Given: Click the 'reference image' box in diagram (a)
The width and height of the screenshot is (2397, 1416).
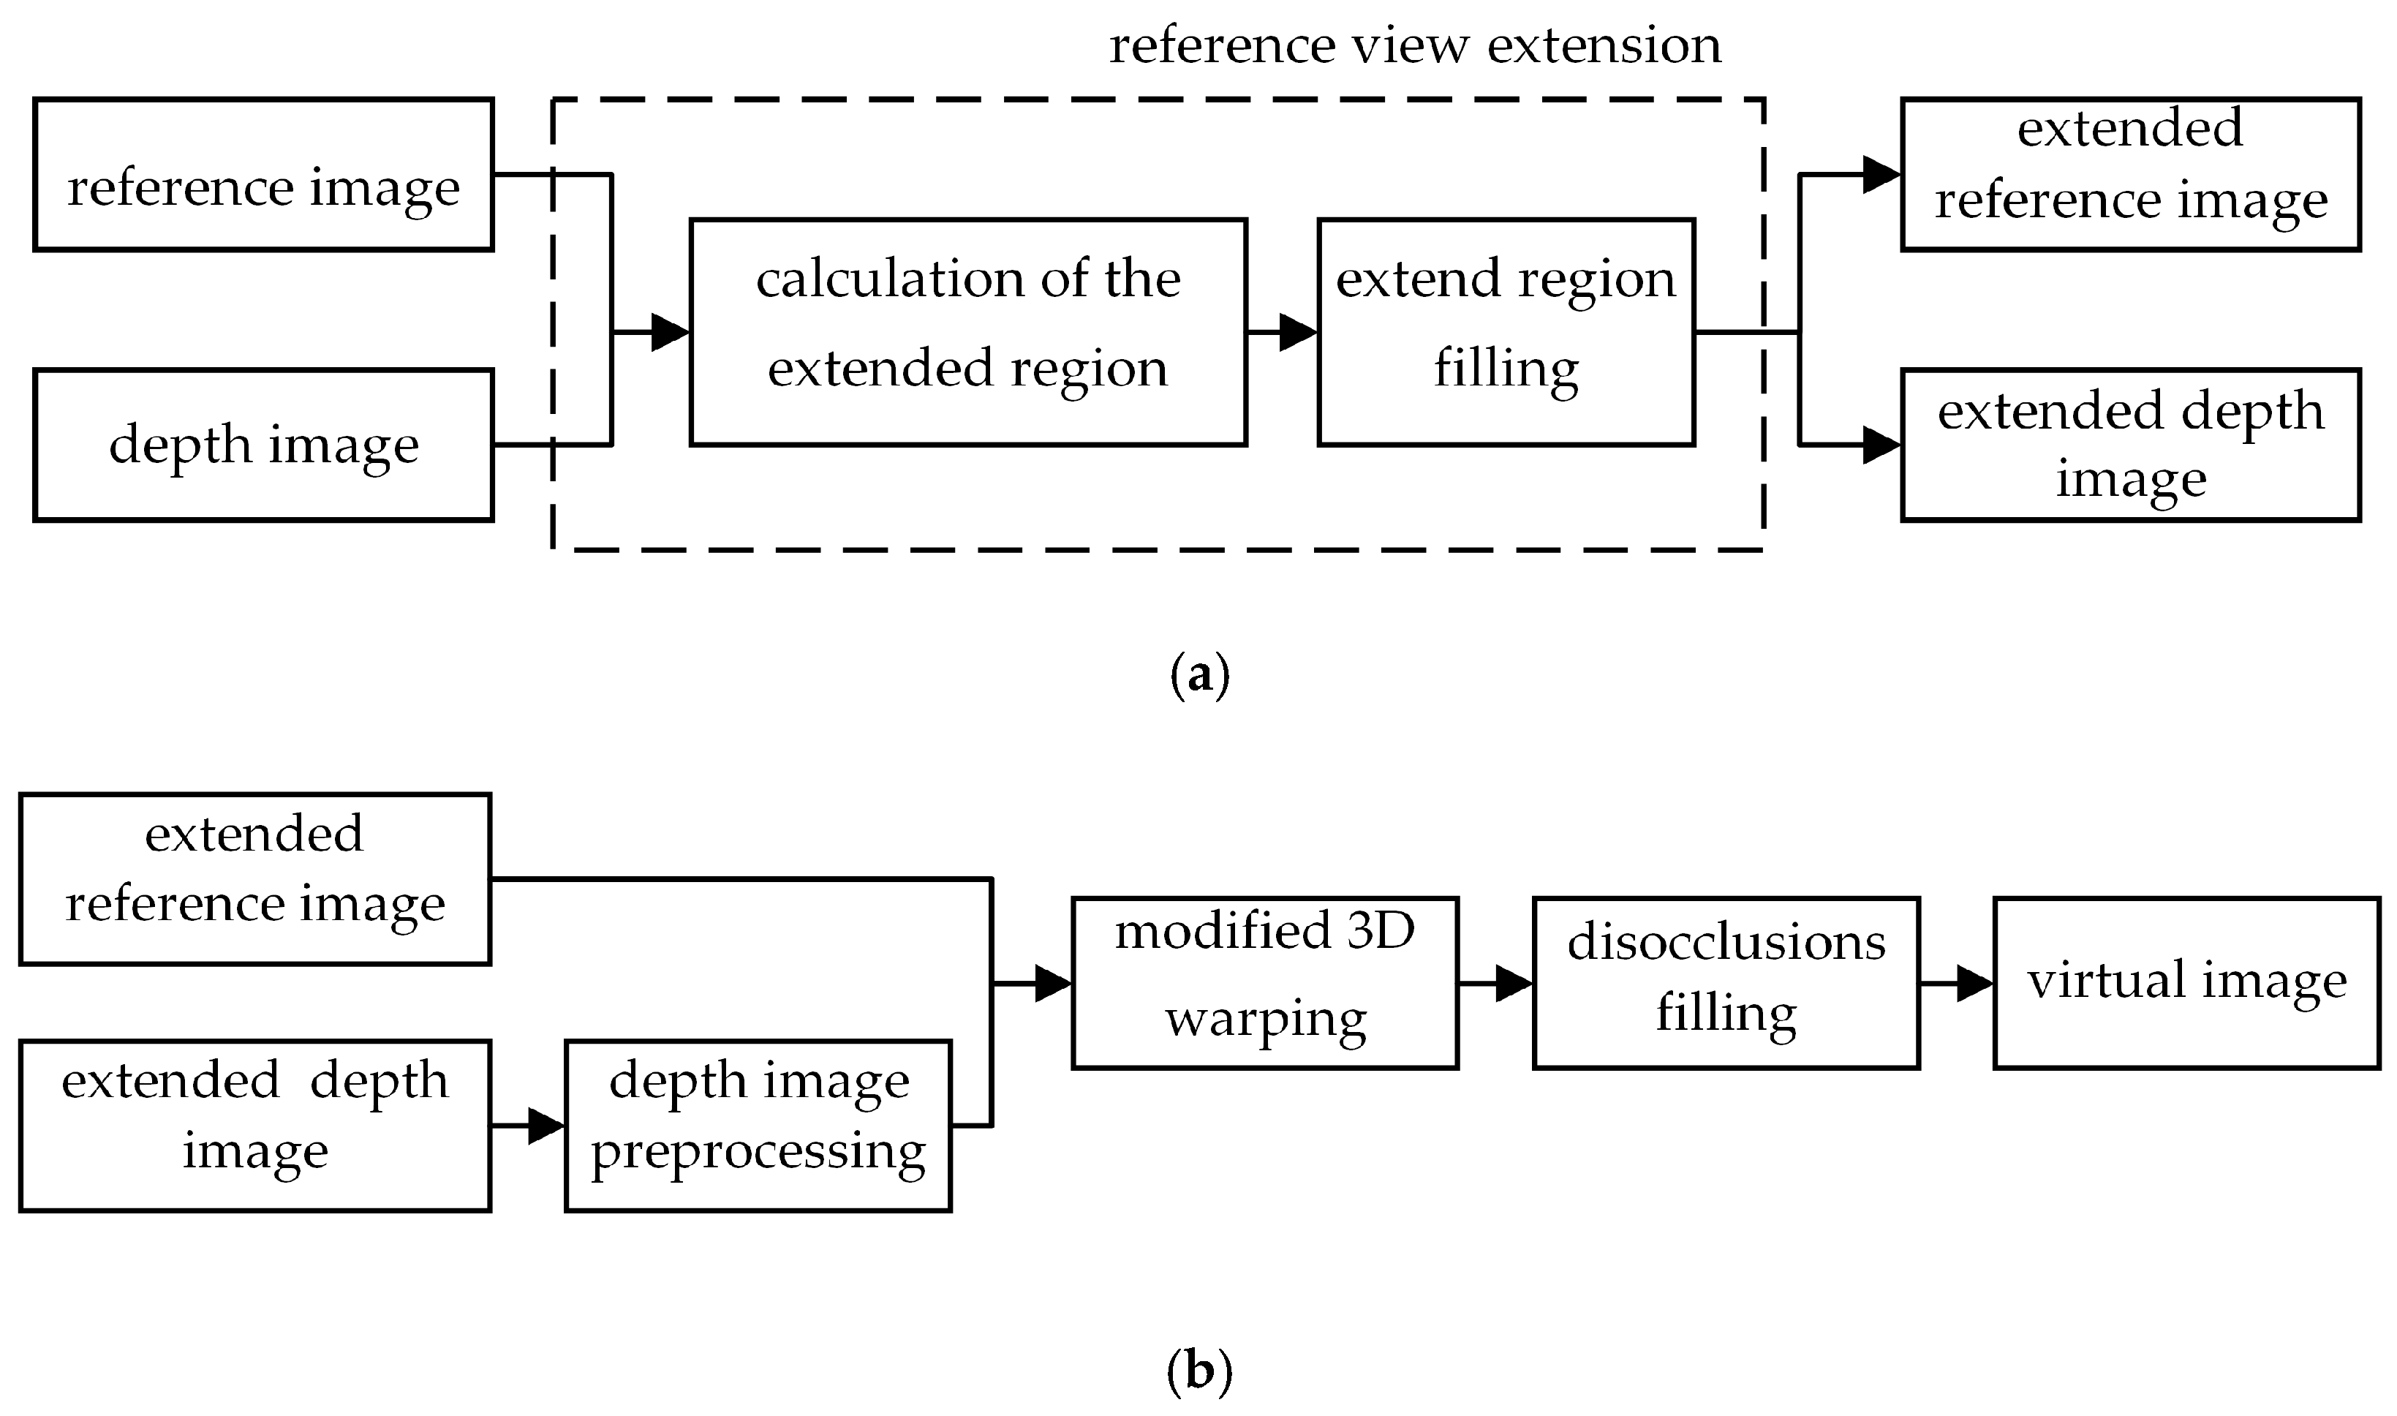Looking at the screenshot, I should coord(263,175).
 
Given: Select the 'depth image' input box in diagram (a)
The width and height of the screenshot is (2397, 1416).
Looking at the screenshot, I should coord(263,445).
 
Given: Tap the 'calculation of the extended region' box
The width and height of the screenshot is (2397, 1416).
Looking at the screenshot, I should coord(967,331).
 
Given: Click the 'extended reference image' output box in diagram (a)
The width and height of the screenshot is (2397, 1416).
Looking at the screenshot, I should coord(2130,175).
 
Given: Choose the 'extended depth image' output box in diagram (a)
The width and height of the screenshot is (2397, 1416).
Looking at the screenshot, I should coord(2130,445).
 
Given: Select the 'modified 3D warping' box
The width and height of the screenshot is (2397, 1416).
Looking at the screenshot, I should coord(1265,983).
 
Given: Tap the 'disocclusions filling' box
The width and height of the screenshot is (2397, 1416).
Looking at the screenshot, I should coord(1726,983).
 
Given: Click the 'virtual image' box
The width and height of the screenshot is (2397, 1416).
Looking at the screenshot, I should coord(2186,983).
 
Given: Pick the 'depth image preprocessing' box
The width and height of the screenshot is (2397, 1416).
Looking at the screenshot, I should coord(758,1126).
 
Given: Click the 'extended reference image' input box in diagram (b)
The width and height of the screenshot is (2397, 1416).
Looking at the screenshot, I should coord(254,879).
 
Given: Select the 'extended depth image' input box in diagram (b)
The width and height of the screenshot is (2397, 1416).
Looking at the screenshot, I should coord(254,1126).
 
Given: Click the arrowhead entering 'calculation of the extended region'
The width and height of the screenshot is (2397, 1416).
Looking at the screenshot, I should coord(671,332).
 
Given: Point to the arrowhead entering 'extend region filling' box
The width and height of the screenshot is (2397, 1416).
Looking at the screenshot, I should coord(1298,332).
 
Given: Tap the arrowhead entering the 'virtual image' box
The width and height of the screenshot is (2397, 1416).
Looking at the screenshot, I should coord(1974,983).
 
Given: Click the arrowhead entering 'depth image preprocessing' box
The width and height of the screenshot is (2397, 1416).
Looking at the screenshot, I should coord(546,1126).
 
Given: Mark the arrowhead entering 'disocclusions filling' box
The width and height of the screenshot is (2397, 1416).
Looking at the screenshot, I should coord(1514,983).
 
